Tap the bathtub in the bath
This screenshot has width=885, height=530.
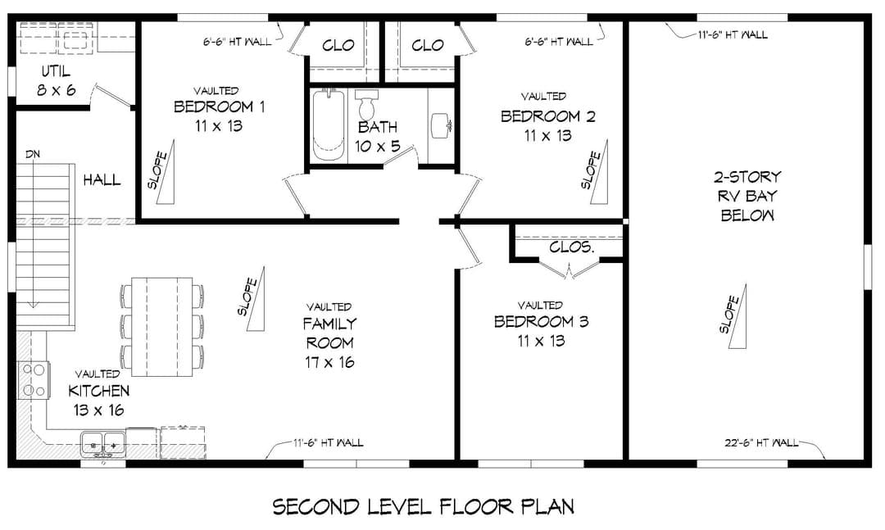[329, 126]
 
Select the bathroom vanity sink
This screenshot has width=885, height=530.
[440, 126]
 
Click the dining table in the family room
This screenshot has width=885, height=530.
[162, 326]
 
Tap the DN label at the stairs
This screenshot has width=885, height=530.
[33, 154]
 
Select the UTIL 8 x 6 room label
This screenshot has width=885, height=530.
[56, 81]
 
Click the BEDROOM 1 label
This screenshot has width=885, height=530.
[219, 106]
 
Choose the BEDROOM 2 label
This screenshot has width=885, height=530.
[547, 116]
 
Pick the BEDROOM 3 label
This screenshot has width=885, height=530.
[541, 322]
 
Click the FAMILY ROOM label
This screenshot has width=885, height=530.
[329, 333]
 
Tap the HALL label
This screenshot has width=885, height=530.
[102, 180]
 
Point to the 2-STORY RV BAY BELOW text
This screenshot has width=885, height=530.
[747, 196]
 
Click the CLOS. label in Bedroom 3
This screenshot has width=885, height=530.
[571, 247]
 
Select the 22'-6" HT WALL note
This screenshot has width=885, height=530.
[761, 443]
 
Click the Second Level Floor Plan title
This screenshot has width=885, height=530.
[424, 506]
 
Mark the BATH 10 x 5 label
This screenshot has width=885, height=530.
[378, 137]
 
